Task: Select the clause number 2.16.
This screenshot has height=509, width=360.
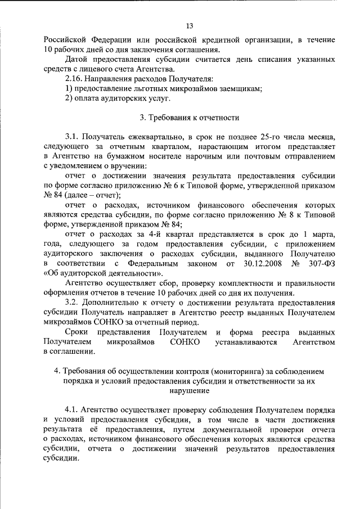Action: (x=74, y=79)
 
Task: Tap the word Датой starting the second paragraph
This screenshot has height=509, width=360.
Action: (x=78, y=59)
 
